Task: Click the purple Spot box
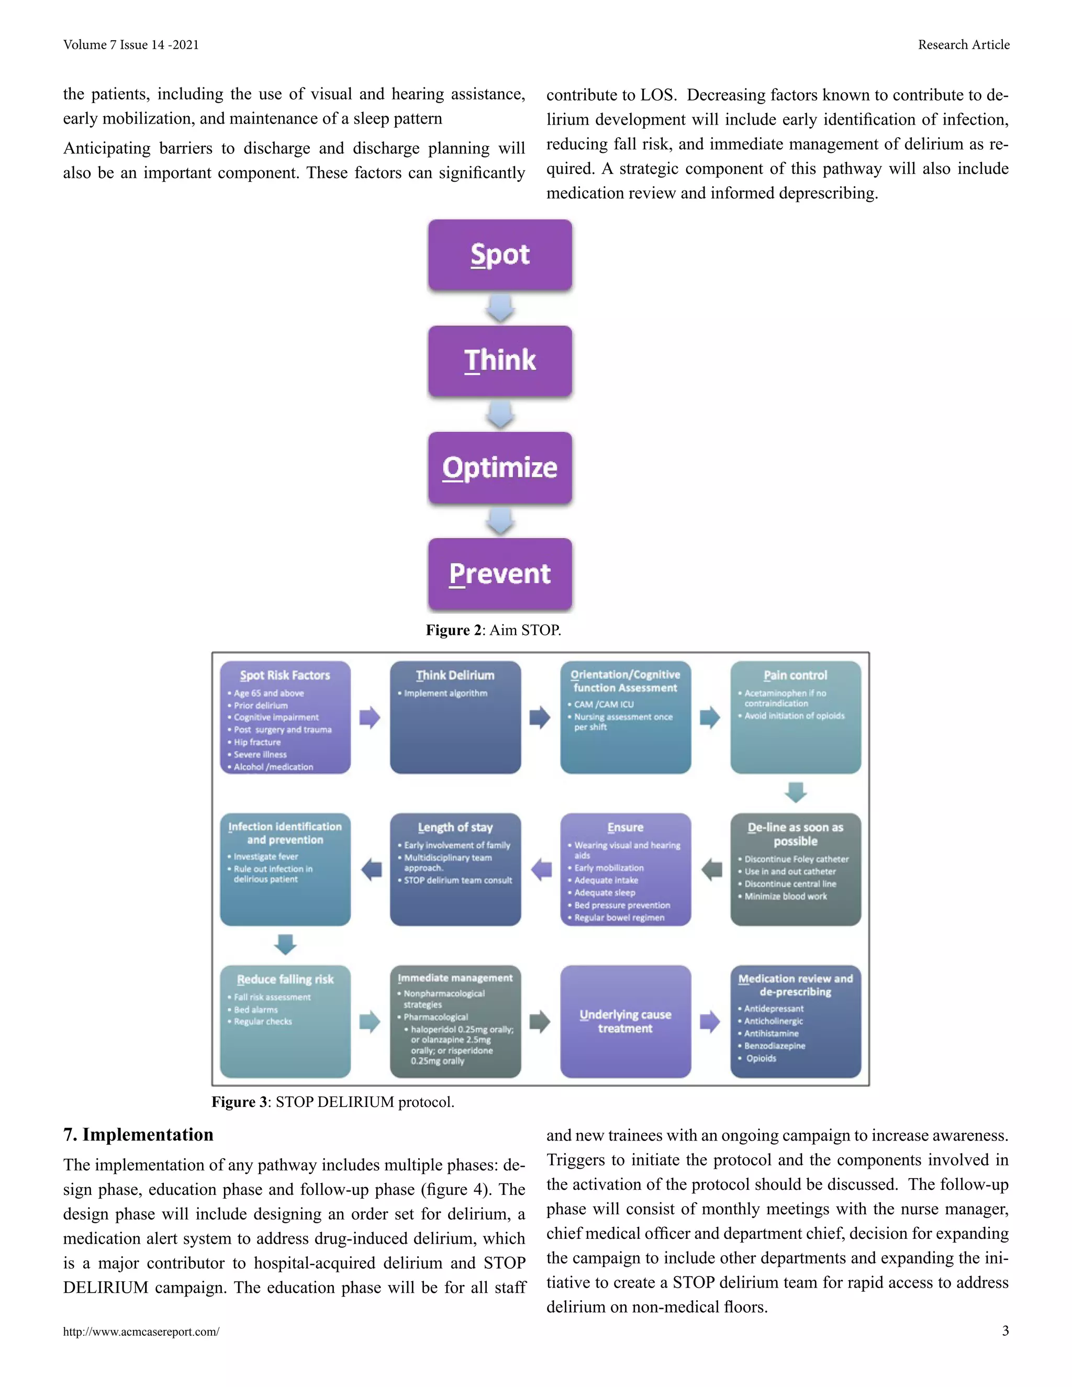[500, 255]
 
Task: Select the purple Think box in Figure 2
[500, 361]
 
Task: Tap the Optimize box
[500, 467]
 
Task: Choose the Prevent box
[500, 574]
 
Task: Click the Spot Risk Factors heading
[285, 675]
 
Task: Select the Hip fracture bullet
[257, 742]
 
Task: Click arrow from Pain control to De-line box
[795, 792]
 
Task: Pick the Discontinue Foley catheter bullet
[796, 858]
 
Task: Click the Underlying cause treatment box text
[625, 1021]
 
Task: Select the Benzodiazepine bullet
[774, 1045]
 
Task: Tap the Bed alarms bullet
[256, 1009]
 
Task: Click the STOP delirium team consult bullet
[458, 880]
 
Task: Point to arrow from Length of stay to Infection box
[371, 869]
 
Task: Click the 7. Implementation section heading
[138, 1134]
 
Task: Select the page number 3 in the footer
[1004, 1330]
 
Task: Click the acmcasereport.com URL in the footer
[141, 1332]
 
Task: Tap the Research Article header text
[963, 44]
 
